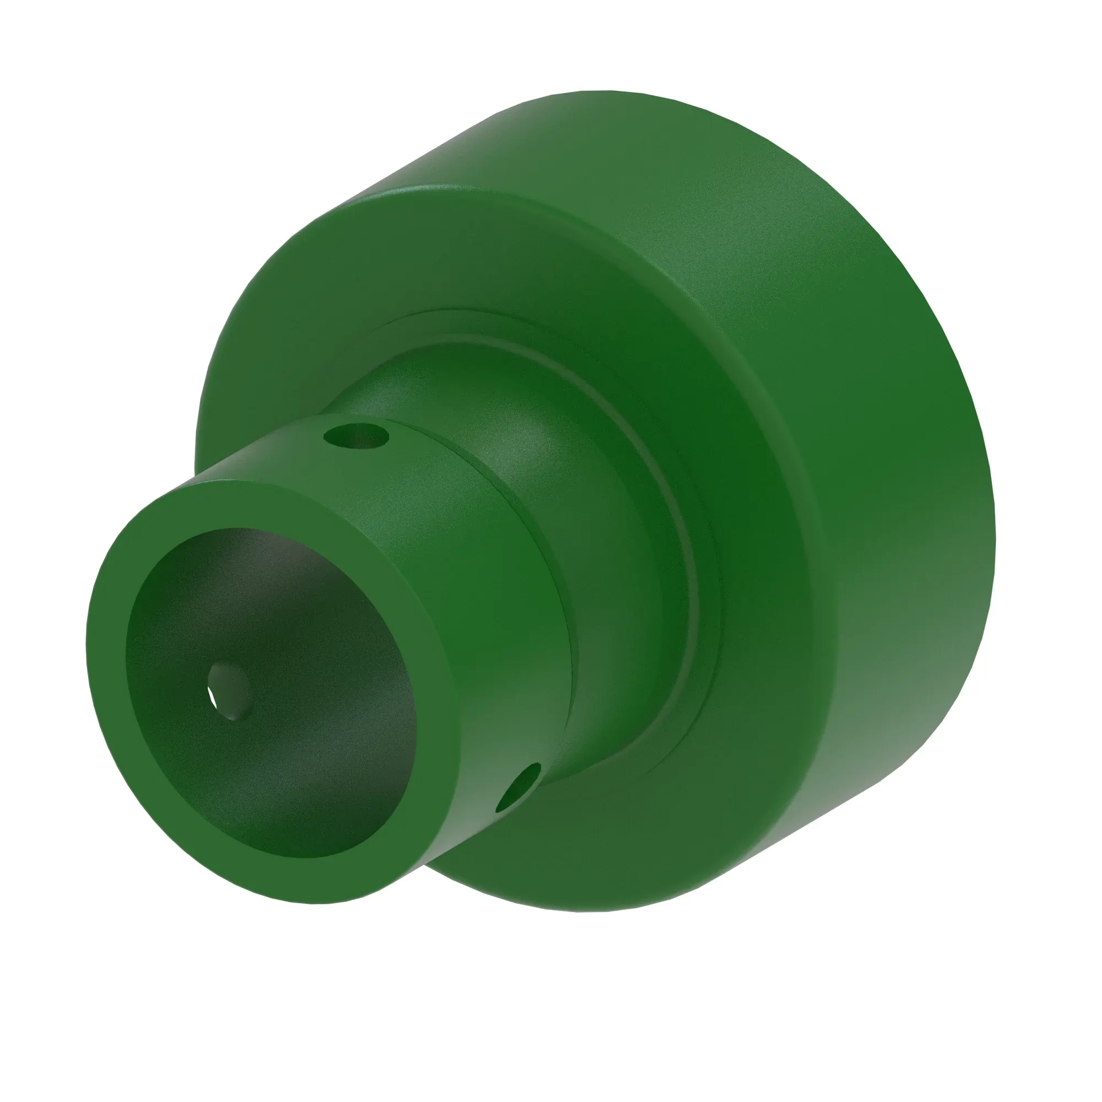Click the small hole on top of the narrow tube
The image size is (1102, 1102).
click(x=356, y=437)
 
